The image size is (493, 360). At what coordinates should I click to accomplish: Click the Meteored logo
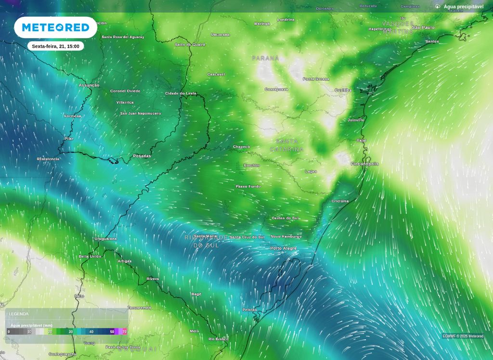[55, 27]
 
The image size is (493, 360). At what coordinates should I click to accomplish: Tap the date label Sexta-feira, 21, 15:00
[55, 46]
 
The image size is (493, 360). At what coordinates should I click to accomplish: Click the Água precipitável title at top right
[463, 6]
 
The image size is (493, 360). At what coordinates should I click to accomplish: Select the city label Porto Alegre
[283, 248]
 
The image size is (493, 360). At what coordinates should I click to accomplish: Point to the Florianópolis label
[364, 164]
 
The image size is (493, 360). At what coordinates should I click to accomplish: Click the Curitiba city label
[343, 90]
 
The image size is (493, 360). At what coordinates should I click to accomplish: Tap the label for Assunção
[89, 85]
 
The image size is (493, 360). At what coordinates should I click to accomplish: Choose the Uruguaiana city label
[105, 239]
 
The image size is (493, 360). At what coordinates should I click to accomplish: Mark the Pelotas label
[249, 309]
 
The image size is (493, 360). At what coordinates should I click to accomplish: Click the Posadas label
[142, 156]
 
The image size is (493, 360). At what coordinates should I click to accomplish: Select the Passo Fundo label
[248, 186]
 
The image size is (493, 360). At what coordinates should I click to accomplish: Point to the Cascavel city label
[216, 74]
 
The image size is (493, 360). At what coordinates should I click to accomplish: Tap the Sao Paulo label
[423, 27]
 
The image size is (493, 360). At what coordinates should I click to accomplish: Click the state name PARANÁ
[265, 58]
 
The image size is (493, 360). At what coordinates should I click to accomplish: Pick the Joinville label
[356, 120]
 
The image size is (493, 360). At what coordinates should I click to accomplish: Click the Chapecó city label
[241, 147]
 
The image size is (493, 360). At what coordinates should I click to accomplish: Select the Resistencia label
[48, 159]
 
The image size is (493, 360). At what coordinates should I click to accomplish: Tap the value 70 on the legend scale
[125, 332]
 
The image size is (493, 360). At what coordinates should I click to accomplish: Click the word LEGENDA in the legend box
[19, 314]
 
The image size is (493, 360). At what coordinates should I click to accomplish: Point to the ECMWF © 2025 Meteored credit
[463, 336]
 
